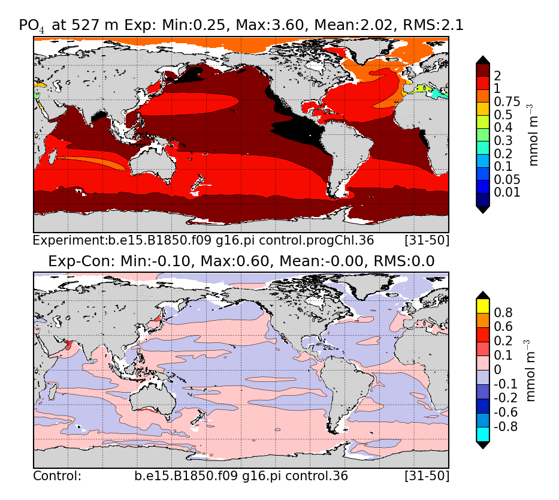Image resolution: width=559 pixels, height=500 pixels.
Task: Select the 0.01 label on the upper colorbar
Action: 507,192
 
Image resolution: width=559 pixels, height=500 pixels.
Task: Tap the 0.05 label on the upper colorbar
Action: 507,179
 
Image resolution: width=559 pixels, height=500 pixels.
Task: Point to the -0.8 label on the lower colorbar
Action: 504,427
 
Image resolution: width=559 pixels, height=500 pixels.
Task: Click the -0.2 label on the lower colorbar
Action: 504,398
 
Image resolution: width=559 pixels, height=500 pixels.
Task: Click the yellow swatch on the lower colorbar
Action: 482,305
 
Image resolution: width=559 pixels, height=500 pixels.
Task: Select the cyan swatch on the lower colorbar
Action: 482,433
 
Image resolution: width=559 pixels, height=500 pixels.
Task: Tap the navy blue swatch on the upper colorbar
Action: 482,198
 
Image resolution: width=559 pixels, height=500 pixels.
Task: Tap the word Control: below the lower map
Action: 57,477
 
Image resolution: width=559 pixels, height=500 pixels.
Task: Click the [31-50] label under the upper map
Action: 427,241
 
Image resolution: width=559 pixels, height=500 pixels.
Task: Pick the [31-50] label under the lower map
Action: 427,477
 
